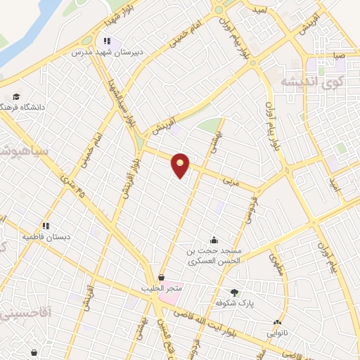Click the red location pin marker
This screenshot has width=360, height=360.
pos(181,165)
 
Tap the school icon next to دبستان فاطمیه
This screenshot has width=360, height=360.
pos(46,226)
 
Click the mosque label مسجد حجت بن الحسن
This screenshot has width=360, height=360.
pos(214,255)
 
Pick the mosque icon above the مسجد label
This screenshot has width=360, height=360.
pos(214,240)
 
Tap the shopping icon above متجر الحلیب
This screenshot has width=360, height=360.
pos(163,277)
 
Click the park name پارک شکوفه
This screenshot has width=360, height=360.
pos(234,303)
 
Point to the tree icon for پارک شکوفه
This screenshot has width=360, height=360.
pos(234,292)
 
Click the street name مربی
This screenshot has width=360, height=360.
pos(230,180)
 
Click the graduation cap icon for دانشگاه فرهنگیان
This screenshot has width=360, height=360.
pos(15,96)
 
